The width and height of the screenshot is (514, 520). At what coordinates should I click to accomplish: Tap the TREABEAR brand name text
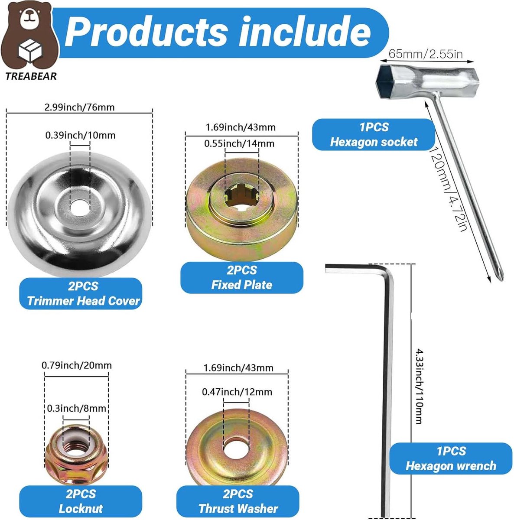pos(31,76)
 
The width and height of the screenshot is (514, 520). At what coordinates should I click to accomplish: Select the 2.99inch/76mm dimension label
pos(79,107)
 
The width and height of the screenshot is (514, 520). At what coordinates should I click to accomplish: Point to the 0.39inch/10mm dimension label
pos(80,135)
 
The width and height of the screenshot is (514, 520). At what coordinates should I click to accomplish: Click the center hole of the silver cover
pos(80,207)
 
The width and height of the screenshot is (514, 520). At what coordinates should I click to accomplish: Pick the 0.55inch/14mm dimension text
pos(239,143)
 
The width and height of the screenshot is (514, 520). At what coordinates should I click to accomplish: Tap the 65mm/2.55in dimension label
pos(426,54)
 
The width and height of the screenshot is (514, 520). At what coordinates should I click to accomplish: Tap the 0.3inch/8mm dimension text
pos(76,409)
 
